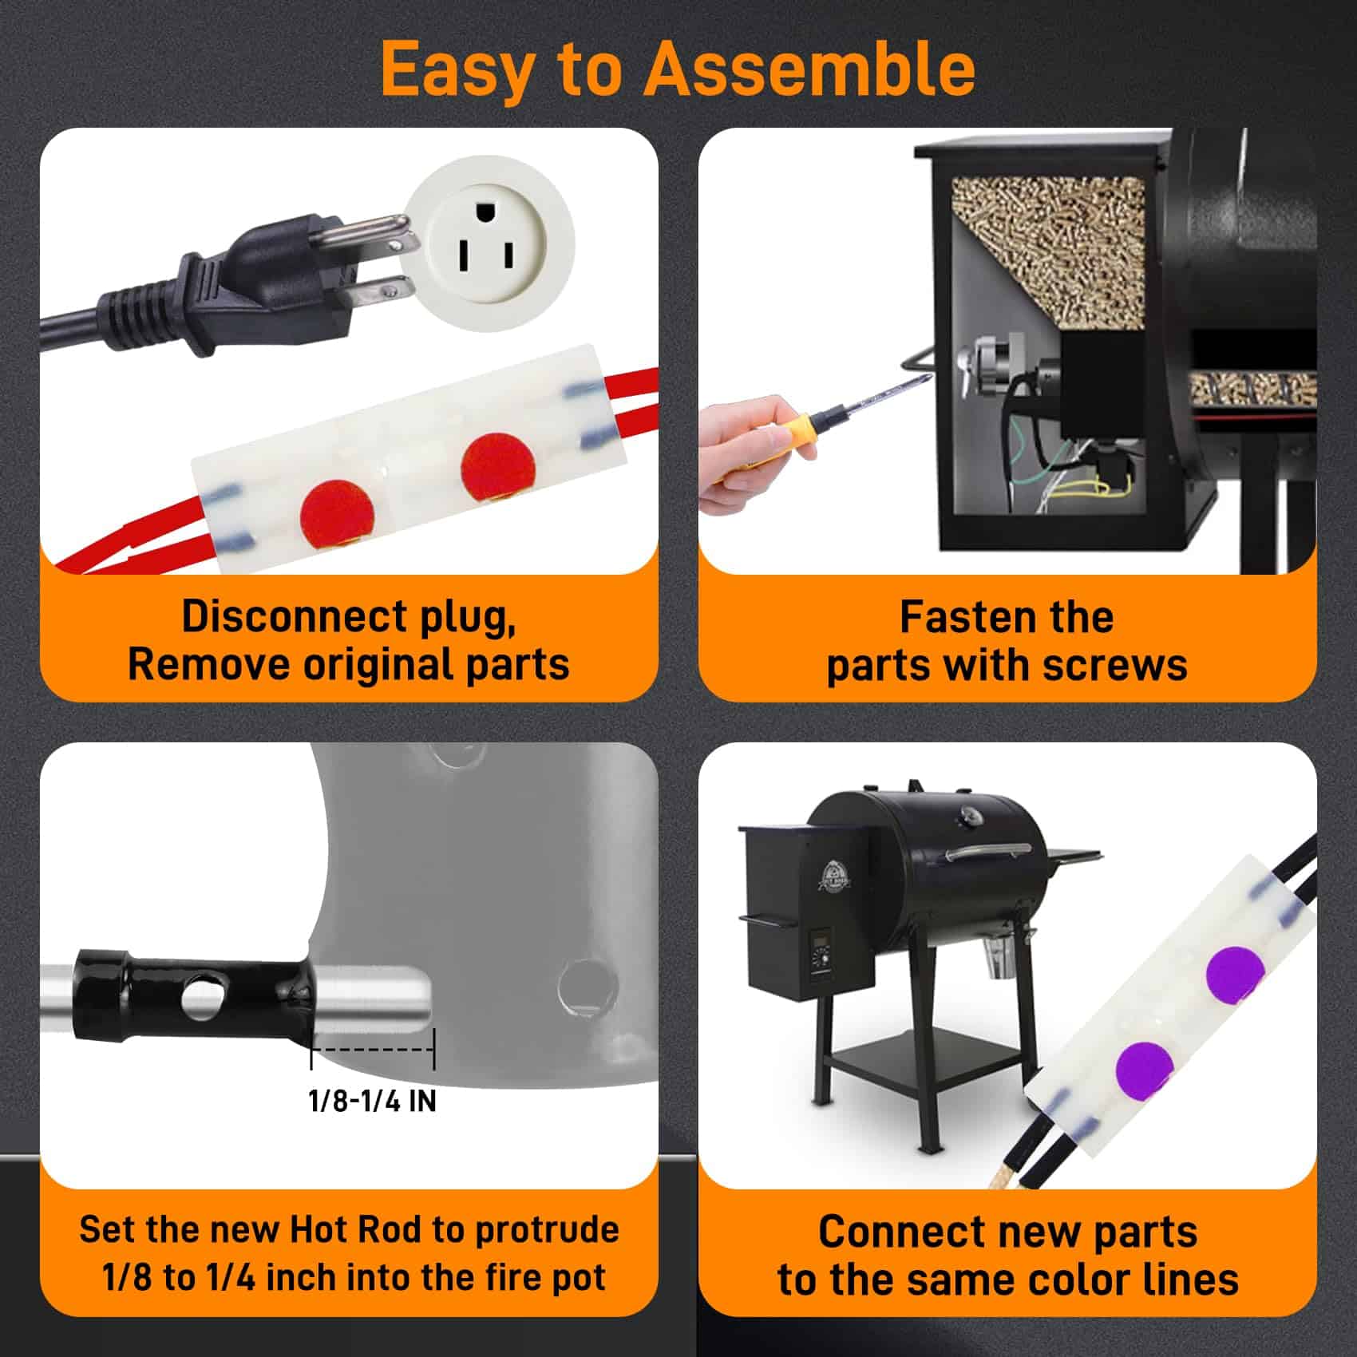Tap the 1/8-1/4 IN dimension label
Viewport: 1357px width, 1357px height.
372,1102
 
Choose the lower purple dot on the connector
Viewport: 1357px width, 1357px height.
1145,1068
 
